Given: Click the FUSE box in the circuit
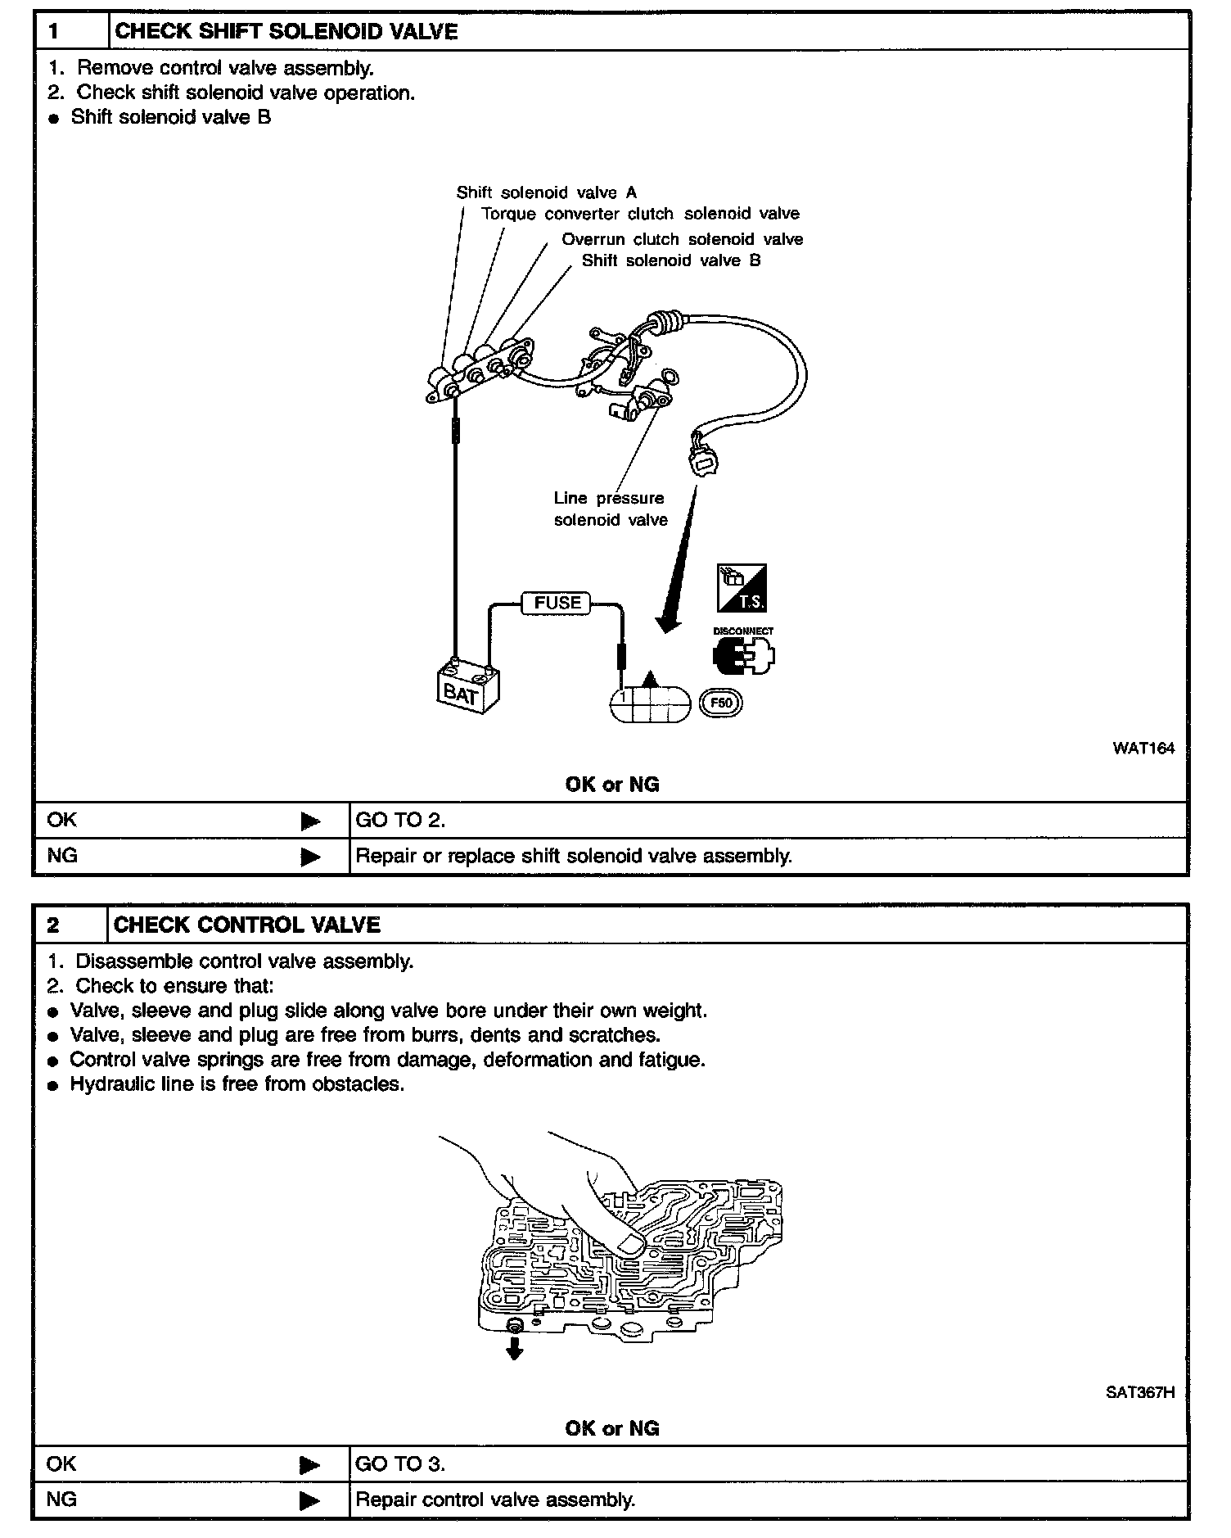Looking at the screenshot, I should [x=557, y=604].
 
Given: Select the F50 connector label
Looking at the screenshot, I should [x=721, y=703].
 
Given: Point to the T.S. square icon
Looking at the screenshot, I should [x=742, y=588].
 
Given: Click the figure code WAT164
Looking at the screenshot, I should [x=1143, y=749].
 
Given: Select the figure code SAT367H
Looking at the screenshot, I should [x=1140, y=1392].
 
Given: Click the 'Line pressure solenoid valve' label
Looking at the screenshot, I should [x=610, y=509].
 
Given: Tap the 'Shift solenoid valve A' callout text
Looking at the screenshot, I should [x=546, y=192].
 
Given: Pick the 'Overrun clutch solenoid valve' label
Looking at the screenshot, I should [x=682, y=239].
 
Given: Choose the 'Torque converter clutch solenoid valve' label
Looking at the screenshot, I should [x=640, y=214].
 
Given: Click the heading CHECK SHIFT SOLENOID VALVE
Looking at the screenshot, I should [x=286, y=32].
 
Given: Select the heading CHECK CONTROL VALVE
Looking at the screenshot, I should [x=246, y=925].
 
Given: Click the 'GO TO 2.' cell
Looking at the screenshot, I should [x=400, y=820].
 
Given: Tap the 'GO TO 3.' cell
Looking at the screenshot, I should [x=400, y=1463].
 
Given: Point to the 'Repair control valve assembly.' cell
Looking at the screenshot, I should [x=495, y=1500].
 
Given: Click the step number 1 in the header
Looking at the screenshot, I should [x=54, y=32].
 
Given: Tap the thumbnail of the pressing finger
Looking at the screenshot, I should [x=631, y=1246].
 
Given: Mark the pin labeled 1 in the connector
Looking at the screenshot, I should [x=623, y=696].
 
